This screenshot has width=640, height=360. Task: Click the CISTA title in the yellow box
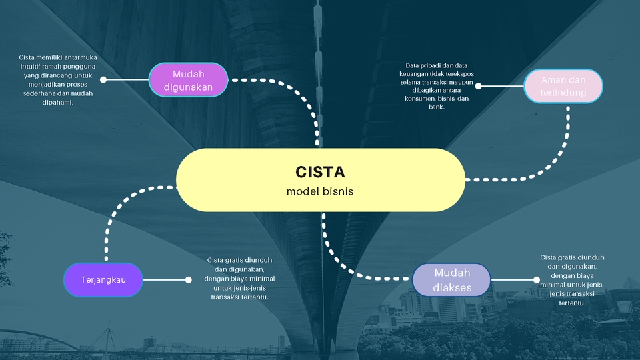320,172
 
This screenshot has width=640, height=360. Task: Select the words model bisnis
320,191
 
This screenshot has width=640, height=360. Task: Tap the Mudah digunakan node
188,80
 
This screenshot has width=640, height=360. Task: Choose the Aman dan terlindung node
563,86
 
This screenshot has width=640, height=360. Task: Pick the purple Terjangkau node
103,279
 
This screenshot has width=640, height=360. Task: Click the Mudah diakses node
451,280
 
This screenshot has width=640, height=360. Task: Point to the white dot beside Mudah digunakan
103,79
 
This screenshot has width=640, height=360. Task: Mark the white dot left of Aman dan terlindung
478,86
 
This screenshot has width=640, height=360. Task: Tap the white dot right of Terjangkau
188,280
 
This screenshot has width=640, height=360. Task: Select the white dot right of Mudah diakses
536,280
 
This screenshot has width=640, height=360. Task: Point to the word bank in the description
436,107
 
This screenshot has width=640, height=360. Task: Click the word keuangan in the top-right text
421,74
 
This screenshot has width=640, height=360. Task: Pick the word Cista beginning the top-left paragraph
27,57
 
